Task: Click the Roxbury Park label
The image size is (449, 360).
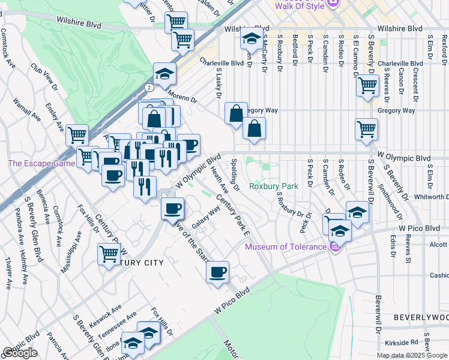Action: [274, 186]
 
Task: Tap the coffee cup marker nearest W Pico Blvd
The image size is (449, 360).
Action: [217, 272]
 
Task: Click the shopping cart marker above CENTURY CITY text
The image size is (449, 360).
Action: [109, 253]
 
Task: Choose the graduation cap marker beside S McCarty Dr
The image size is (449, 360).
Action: [251, 40]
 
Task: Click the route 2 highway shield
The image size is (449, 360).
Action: [148, 87]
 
